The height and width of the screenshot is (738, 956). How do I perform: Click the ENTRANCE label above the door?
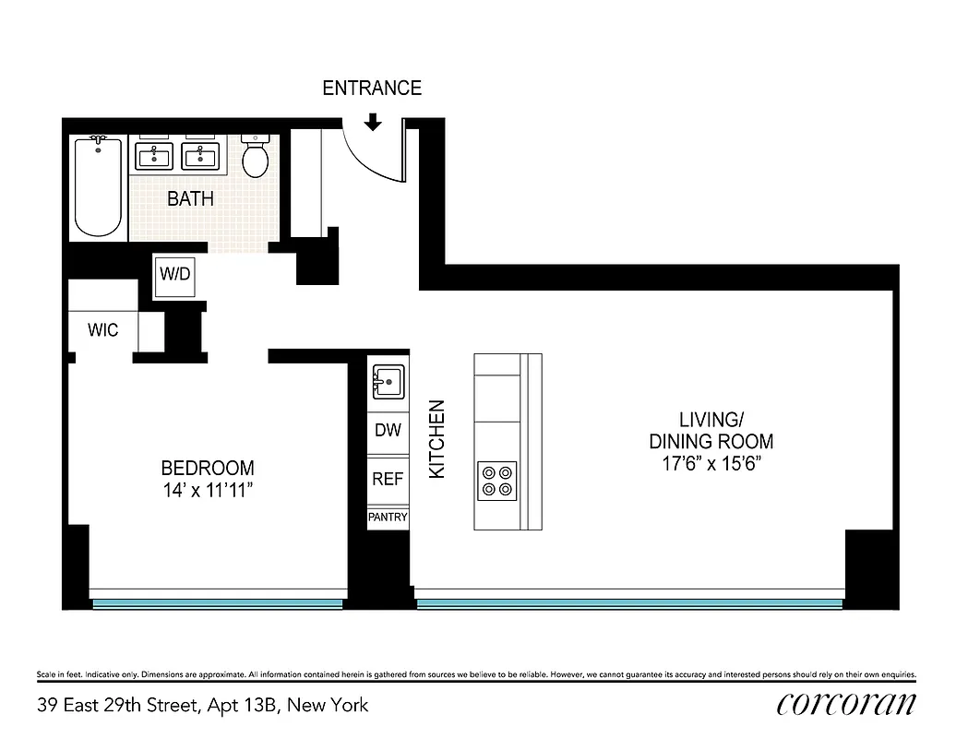click(x=372, y=89)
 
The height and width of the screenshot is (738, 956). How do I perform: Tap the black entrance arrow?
click(x=373, y=122)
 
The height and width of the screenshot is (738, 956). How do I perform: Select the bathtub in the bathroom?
click(x=98, y=186)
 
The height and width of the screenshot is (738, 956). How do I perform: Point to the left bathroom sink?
click(x=154, y=156)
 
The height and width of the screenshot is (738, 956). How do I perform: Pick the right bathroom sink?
click(x=199, y=156)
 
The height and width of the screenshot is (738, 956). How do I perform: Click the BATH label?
click(x=190, y=198)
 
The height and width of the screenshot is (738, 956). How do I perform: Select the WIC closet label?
click(x=103, y=330)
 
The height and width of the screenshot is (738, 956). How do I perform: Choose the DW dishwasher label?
click(x=388, y=431)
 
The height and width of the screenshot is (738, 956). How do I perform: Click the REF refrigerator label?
click(x=388, y=480)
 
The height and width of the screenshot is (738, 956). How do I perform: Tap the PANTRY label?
click(x=388, y=518)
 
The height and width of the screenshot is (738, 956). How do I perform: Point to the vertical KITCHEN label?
click(x=437, y=438)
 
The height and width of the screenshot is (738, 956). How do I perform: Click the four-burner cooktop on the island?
click(x=496, y=480)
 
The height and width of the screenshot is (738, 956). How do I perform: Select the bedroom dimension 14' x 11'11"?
click(x=207, y=490)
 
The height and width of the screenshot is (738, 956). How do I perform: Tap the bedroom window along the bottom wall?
click(x=218, y=603)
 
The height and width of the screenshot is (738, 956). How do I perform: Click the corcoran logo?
click(x=846, y=704)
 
